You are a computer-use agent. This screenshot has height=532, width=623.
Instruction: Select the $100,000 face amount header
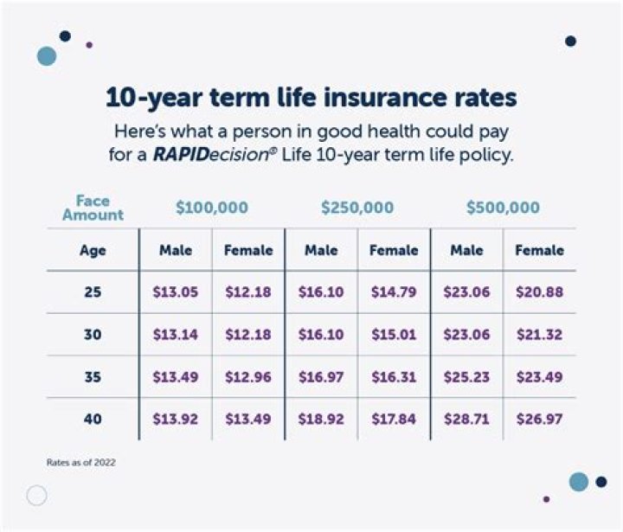(x=212, y=208)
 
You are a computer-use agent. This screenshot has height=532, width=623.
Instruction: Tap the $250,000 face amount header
(x=357, y=208)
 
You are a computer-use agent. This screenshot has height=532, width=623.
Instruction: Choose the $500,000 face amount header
(x=503, y=208)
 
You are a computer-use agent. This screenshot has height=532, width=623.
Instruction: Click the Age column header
(x=93, y=251)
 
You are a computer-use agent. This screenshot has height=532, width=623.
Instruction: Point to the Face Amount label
(x=93, y=208)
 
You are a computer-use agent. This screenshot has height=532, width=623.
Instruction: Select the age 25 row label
(x=93, y=292)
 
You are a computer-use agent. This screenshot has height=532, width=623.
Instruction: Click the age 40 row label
(x=93, y=420)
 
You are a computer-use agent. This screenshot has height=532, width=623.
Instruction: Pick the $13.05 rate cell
(x=176, y=292)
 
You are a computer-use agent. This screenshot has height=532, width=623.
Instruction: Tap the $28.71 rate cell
(x=466, y=420)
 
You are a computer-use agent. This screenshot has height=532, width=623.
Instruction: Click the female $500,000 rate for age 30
(x=539, y=335)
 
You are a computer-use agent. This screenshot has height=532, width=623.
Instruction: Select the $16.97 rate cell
(x=321, y=377)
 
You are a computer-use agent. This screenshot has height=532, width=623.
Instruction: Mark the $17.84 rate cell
(x=394, y=420)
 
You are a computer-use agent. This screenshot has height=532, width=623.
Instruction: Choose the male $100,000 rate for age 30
(x=176, y=335)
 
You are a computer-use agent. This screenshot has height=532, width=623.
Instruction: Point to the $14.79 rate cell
(x=394, y=292)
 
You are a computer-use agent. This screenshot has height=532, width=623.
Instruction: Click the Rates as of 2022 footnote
(x=80, y=463)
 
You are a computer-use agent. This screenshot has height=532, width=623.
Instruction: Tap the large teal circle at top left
(x=47, y=56)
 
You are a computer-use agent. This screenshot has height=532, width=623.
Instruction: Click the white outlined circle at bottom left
(x=36, y=496)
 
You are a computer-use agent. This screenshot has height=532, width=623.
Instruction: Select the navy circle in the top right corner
(x=570, y=41)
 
